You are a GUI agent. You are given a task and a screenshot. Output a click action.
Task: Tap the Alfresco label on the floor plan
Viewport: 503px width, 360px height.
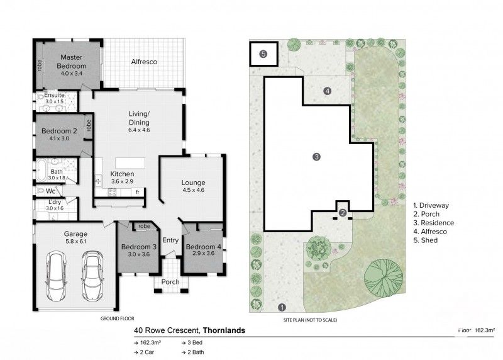pyautogui.click(x=143, y=62)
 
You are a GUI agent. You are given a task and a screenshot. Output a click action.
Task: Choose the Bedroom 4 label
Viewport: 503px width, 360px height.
pyautogui.click(x=203, y=250)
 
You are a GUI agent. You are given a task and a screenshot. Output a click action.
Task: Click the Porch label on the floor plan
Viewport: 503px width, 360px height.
pyautogui.click(x=170, y=281)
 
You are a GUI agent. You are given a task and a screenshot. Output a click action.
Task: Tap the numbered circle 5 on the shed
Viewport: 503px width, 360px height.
pyautogui.click(x=263, y=54)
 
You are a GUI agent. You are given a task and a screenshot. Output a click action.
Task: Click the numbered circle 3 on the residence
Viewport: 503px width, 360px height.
pyautogui.click(x=316, y=157)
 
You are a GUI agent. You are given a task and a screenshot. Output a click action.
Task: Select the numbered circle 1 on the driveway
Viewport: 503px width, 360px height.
pyautogui.click(x=282, y=307)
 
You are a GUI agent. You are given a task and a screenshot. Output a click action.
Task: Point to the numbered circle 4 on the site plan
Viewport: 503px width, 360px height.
pyautogui.click(x=327, y=91)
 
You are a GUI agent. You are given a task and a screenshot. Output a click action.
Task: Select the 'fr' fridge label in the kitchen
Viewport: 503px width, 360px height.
pyautogui.click(x=137, y=191)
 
